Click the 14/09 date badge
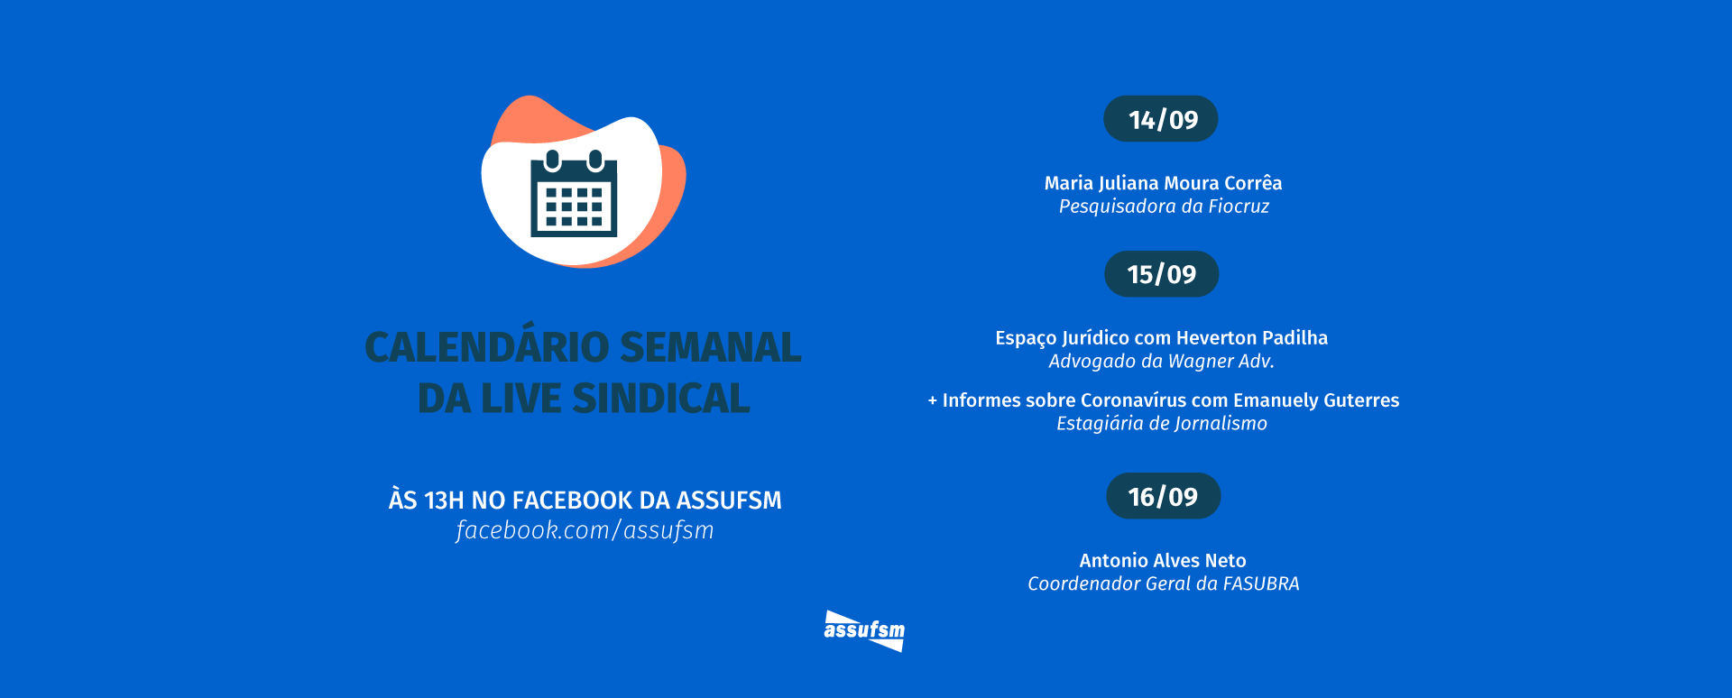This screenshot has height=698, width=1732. [1161, 119]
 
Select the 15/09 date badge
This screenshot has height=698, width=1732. [1162, 274]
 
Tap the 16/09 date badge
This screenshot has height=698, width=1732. [1163, 496]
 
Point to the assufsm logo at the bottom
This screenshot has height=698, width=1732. [864, 630]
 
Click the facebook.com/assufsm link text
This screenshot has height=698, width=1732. [585, 530]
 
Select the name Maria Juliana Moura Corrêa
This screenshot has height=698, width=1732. [1163, 183]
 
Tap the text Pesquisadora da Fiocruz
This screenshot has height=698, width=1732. [1164, 207]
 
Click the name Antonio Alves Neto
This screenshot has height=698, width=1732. [1163, 560]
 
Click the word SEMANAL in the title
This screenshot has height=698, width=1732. [711, 347]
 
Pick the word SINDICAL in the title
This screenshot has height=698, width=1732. [660, 399]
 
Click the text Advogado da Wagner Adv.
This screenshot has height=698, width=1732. [1161, 362]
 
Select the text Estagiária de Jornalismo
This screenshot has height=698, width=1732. [1162, 424]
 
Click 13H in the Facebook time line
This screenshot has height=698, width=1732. [444, 501]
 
